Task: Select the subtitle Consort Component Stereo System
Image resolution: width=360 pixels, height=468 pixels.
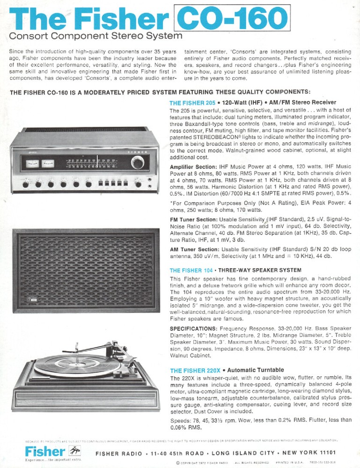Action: coord(96,36)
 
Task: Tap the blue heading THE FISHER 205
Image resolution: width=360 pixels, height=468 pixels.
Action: coord(192,102)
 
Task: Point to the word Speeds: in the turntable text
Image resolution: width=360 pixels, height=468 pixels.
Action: coord(180,420)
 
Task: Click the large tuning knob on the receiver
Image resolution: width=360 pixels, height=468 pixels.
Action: coord(138,162)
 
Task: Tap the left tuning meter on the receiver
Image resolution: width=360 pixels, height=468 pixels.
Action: coord(32,163)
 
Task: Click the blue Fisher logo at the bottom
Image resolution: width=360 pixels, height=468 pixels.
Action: coord(45,451)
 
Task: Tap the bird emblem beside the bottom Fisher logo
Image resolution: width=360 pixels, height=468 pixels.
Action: coord(74,451)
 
